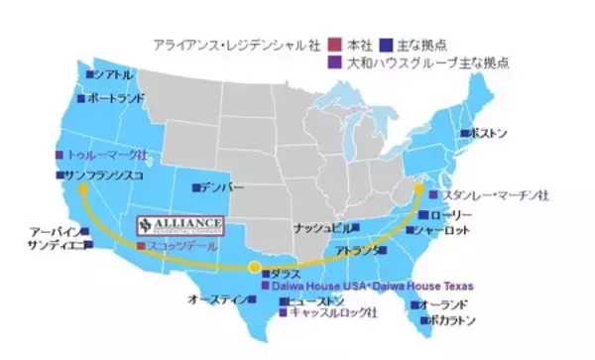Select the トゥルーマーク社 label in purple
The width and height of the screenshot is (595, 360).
108,156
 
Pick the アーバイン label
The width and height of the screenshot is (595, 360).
55,231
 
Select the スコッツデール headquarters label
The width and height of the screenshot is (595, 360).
178,244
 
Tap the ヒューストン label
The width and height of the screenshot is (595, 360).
316,300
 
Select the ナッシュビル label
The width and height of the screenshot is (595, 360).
323,227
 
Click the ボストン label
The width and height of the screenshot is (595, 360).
489,132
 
